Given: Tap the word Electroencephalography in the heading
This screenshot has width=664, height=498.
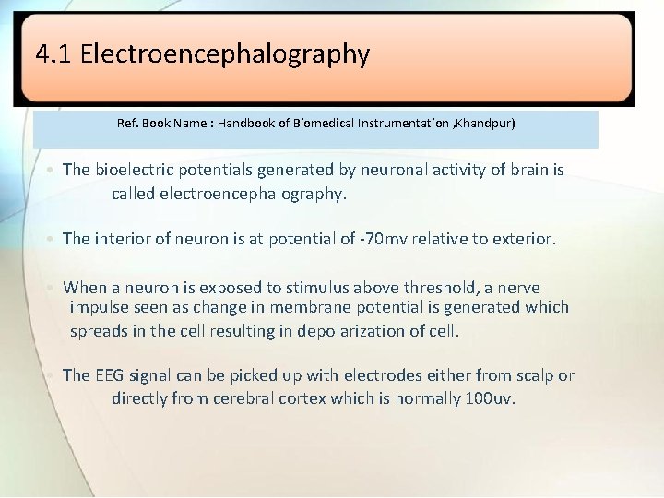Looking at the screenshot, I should pyautogui.click(x=225, y=54).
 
